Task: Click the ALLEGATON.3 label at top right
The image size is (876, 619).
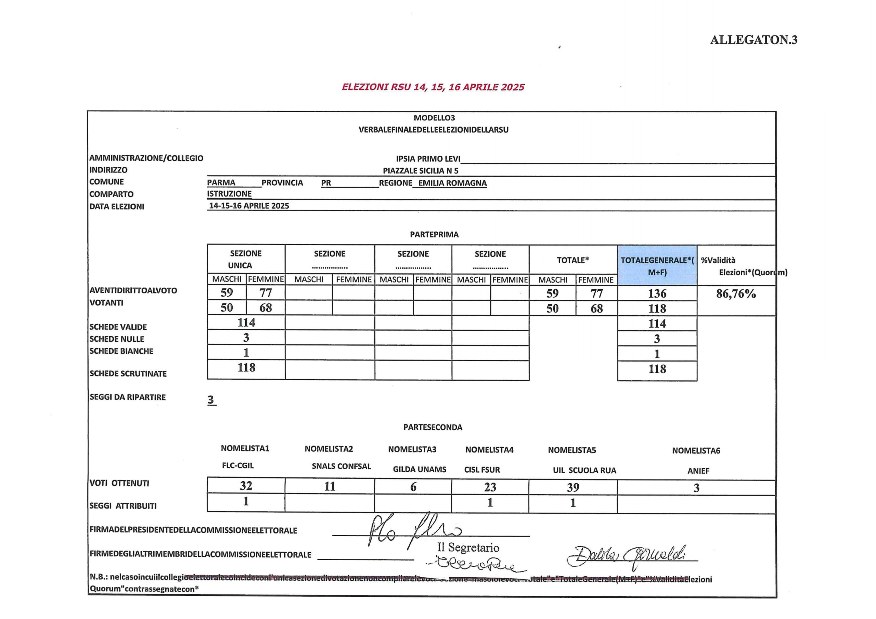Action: tap(753, 40)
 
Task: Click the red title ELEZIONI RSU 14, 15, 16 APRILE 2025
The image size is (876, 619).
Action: tap(433, 87)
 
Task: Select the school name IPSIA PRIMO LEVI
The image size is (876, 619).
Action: tap(428, 159)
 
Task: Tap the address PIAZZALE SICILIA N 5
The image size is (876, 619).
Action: tap(421, 171)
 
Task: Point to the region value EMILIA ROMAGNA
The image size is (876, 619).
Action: tap(452, 183)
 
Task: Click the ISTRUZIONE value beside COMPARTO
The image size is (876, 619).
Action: tap(229, 194)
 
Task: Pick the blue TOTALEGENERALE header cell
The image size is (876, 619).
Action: tap(657, 265)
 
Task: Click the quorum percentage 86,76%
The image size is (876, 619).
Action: tap(736, 294)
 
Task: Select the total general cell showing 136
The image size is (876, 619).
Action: tap(657, 294)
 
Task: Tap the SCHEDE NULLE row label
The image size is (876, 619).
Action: tap(117, 339)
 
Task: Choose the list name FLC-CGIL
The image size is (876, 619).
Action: tap(237, 466)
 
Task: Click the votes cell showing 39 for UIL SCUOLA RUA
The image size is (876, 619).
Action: tap(573, 487)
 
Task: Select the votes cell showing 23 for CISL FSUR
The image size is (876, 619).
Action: tap(490, 487)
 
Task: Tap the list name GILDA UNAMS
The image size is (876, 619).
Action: tap(419, 470)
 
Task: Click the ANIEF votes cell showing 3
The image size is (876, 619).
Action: tap(696, 488)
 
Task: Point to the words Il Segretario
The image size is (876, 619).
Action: tap(468, 548)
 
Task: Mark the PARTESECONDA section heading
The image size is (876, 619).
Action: tap(433, 427)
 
